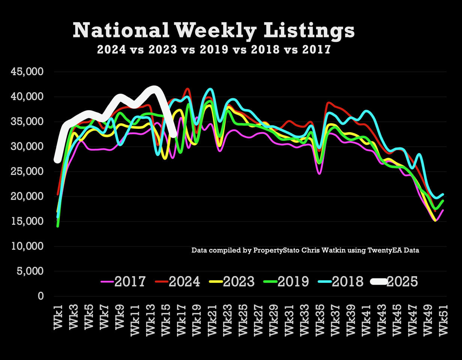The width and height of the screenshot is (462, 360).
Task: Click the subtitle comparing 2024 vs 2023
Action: coord(214,49)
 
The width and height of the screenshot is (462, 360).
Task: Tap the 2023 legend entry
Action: coord(232,281)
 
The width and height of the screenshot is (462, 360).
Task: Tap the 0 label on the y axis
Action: coord(40,296)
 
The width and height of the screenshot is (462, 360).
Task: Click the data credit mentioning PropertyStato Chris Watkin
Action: coord(305,250)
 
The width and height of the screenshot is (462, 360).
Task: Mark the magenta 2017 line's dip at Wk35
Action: coord(319,173)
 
